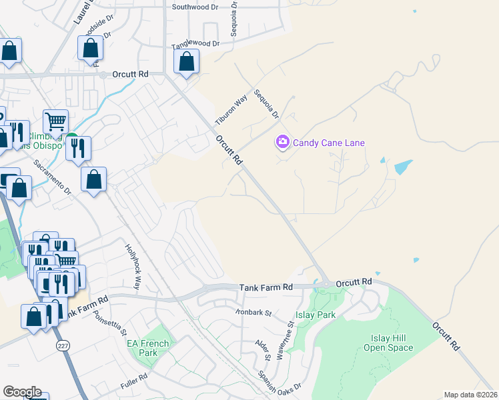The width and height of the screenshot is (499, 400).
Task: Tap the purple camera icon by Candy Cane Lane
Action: tap(282, 141)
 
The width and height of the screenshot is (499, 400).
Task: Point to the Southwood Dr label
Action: tap(195, 7)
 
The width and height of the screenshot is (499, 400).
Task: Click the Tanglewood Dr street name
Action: tap(195, 43)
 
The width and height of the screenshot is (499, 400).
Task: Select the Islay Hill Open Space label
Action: tap(392, 343)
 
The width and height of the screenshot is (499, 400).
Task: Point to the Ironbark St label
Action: tap(254, 311)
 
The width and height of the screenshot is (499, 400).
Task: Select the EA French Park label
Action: tap(148, 347)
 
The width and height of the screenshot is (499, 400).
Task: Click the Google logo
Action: tap(22, 392)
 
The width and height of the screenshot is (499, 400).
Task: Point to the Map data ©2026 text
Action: tap(471, 395)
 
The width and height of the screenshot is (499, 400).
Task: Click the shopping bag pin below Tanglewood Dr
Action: tap(187, 62)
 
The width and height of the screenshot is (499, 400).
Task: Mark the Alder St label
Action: tap(262, 351)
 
